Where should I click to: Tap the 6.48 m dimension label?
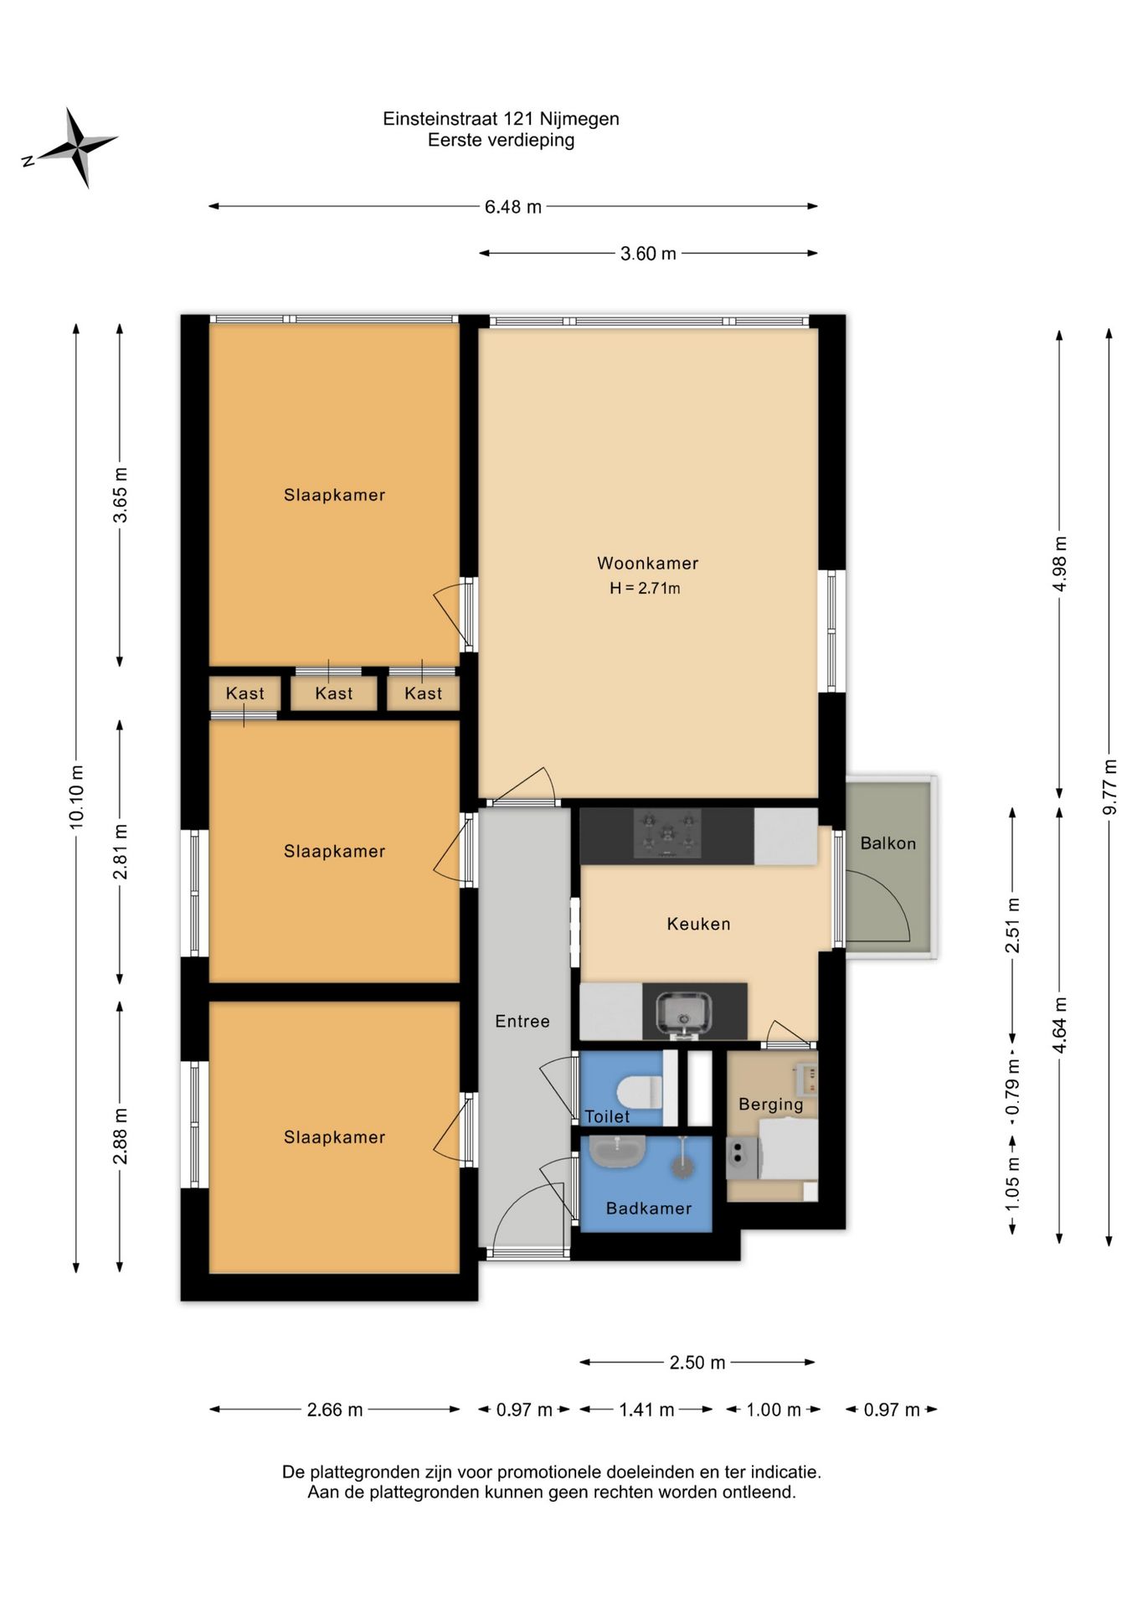click(513, 207)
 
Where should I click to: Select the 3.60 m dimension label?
click(648, 254)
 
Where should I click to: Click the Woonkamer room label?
click(647, 564)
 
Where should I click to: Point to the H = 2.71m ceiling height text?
click(645, 588)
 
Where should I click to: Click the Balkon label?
click(887, 843)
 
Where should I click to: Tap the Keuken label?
click(698, 924)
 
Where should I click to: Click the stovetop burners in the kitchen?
click(667, 833)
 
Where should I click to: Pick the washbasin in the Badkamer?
click(617, 1152)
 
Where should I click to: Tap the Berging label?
click(770, 1105)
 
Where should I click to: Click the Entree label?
click(522, 1021)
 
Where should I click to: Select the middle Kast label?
click(334, 693)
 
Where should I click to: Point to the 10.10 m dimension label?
click(76, 796)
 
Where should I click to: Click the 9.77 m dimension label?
click(1110, 786)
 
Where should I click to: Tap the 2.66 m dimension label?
click(335, 1410)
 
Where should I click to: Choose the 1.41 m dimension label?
click(646, 1410)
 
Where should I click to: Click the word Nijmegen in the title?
click(581, 119)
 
